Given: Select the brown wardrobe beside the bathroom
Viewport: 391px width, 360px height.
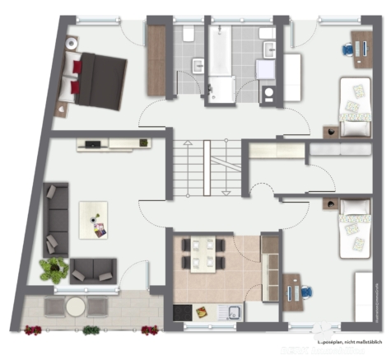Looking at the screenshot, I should point(156,60).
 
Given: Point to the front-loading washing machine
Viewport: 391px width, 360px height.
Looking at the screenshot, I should point(268,92).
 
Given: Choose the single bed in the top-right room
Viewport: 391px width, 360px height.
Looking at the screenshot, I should point(356,105).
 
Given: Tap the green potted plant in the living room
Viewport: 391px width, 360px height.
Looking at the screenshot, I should point(54,269).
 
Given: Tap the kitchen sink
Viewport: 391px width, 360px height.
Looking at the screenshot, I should point(232,313).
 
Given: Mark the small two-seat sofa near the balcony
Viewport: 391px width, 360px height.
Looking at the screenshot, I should point(93,269).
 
